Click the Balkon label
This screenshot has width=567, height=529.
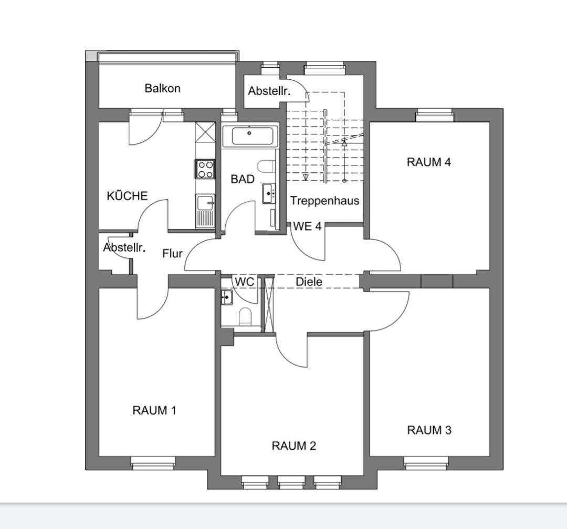tap(162, 88)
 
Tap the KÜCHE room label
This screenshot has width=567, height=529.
tap(127, 196)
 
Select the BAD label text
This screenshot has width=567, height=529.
tap(243, 179)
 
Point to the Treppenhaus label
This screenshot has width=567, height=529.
tap(325, 201)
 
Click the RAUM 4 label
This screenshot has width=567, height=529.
tap(429, 162)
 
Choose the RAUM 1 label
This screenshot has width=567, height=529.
tap(154, 410)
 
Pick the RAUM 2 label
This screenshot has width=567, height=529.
tap(294, 446)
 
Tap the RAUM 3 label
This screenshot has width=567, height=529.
tap(429, 430)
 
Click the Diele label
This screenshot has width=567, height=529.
tap(309, 282)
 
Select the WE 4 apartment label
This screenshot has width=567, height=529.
tap(307, 226)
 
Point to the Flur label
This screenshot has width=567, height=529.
tap(173, 254)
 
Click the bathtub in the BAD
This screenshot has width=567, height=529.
tap(249, 137)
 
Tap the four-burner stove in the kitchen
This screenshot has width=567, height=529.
tap(205, 169)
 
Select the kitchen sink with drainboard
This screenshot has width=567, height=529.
tap(205, 211)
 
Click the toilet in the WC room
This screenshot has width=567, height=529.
tap(245, 316)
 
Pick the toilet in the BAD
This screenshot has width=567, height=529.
tap(266, 167)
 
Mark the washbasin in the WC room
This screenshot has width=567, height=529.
tap(227, 297)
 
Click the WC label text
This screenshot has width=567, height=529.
tap(245, 282)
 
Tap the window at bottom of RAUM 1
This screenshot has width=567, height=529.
tap(153, 463)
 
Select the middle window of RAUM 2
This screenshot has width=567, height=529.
tap(291, 482)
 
